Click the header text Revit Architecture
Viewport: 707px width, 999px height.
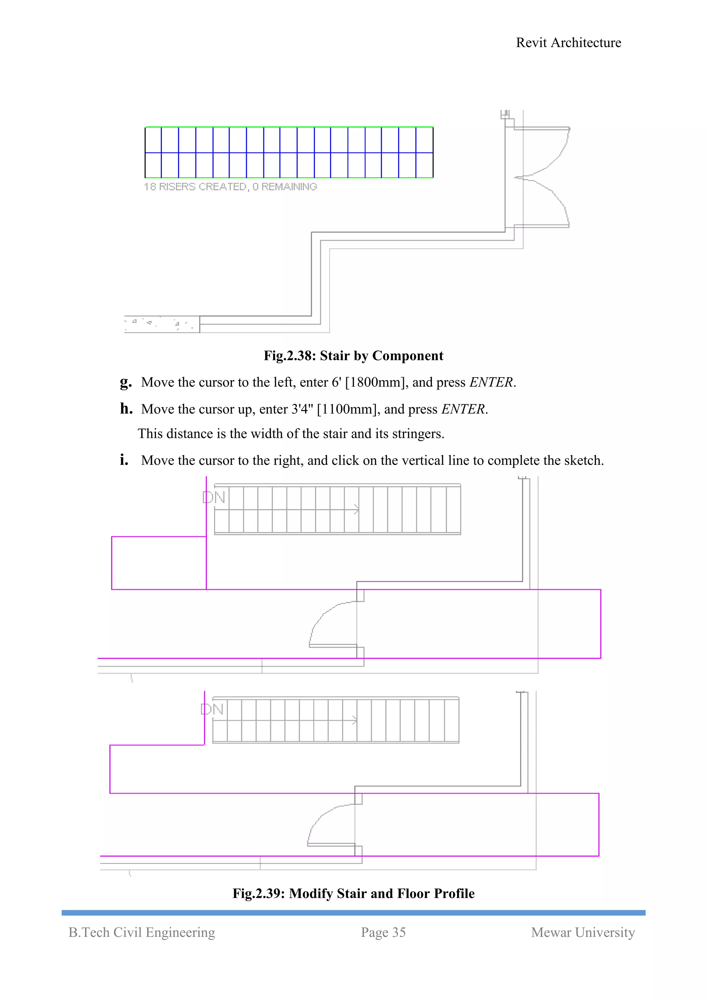click(x=568, y=43)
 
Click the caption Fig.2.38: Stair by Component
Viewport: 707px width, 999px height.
click(x=353, y=356)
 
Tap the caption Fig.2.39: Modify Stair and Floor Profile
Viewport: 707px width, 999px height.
click(x=353, y=893)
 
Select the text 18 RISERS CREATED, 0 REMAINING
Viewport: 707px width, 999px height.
click(x=230, y=187)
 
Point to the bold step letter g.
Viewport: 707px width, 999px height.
click(x=125, y=382)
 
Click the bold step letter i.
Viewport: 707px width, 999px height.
click(x=124, y=460)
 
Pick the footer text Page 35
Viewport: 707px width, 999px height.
click(x=383, y=932)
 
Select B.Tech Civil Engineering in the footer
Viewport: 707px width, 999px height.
click(x=142, y=932)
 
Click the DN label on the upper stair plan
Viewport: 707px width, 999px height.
click(x=214, y=497)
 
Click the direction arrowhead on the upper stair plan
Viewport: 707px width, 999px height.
click(x=357, y=509)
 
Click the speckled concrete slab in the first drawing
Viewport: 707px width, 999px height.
click(x=161, y=324)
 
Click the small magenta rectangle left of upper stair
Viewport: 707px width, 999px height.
click(x=158, y=563)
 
